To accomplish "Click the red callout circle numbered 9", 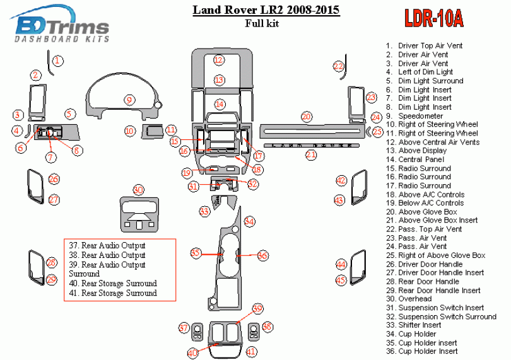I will pyautogui.click(x=129, y=100).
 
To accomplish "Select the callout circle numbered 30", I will pyautogui.click(x=138, y=190).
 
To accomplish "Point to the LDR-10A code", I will pyautogui.click(x=433, y=20).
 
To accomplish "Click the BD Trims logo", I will pyautogui.click(x=62, y=29).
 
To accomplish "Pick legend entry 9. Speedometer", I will pyautogui.click(x=420, y=116).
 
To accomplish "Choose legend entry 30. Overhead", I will pyautogui.click(x=415, y=299).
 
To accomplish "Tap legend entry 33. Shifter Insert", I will pyautogui.click(x=420, y=325).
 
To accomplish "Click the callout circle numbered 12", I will pyautogui.click(x=218, y=60).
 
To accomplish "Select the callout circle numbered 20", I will pyautogui.click(x=307, y=117).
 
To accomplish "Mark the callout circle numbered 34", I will pyautogui.click(x=250, y=221).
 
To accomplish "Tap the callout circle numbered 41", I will pyautogui.click(x=251, y=351).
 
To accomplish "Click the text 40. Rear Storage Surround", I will pyautogui.click(x=114, y=284).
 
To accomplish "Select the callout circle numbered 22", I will pyautogui.click(x=339, y=66).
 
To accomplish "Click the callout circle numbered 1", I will pyautogui.click(x=58, y=61).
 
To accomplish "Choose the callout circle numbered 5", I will pyautogui.click(x=70, y=114).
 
